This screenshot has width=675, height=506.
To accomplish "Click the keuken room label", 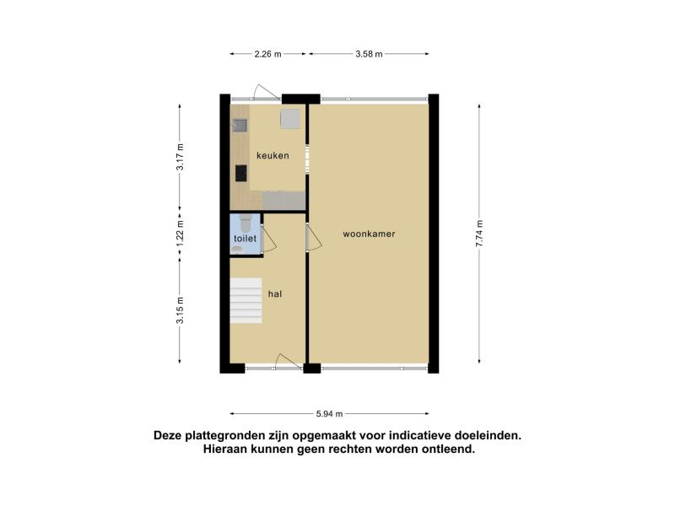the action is click(x=273, y=155).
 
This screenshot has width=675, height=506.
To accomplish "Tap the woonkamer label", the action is click(x=369, y=234).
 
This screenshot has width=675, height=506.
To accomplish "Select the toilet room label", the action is click(x=245, y=239).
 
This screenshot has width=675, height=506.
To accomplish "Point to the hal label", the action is click(x=275, y=293).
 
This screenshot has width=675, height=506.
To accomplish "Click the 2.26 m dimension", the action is click(x=267, y=54).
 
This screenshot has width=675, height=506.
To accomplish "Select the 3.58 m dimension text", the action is click(x=369, y=54).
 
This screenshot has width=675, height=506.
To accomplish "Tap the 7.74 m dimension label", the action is click(x=479, y=234).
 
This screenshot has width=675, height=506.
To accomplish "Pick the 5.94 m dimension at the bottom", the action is click(x=329, y=414).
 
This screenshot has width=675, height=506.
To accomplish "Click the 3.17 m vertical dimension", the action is click(x=180, y=157).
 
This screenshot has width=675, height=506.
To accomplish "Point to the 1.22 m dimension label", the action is click(x=180, y=234).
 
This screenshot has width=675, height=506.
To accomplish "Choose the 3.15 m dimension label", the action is click(x=180, y=310).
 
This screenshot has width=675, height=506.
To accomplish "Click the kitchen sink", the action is click(x=240, y=126).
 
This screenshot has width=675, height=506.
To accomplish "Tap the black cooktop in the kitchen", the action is click(x=241, y=173).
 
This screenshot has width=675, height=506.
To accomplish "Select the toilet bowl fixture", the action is click(x=246, y=223).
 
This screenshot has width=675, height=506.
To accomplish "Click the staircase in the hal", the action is click(x=246, y=300).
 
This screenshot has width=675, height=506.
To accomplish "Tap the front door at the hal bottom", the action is click(x=288, y=362).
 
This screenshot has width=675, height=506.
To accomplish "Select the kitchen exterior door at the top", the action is click(x=267, y=93).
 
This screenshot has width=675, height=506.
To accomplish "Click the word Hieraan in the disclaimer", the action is click(x=224, y=449).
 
